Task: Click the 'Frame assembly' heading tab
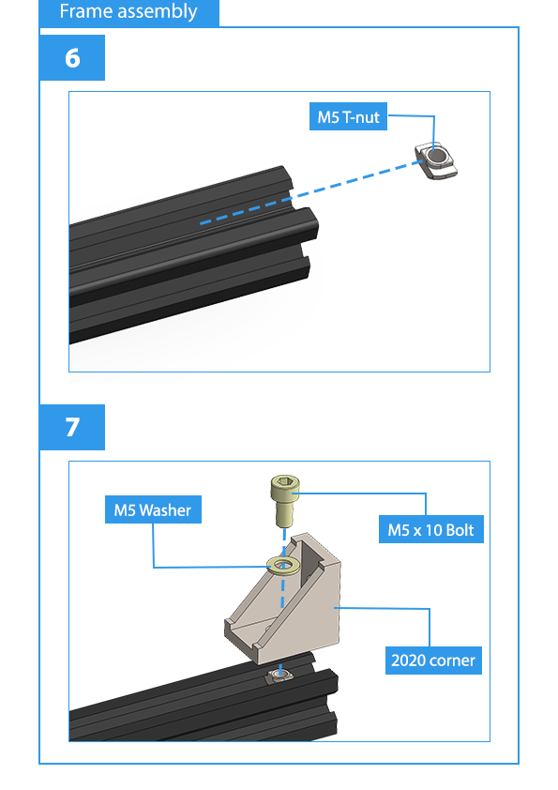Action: [x=128, y=12]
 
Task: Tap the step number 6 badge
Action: [x=72, y=57]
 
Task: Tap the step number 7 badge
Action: [x=72, y=427]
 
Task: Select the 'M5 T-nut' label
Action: [x=348, y=117]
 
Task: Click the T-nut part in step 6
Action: [x=436, y=161]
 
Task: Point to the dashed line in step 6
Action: [x=311, y=192]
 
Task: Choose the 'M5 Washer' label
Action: [x=153, y=509]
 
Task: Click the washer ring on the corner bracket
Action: [x=283, y=566]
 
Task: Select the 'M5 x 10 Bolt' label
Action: [x=431, y=529]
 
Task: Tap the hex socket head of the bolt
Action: [x=285, y=485]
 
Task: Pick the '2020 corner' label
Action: [x=433, y=660]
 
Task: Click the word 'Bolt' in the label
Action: [x=460, y=529]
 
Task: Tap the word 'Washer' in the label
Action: [x=165, y=510]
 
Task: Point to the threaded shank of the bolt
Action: [x=285, y=511]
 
